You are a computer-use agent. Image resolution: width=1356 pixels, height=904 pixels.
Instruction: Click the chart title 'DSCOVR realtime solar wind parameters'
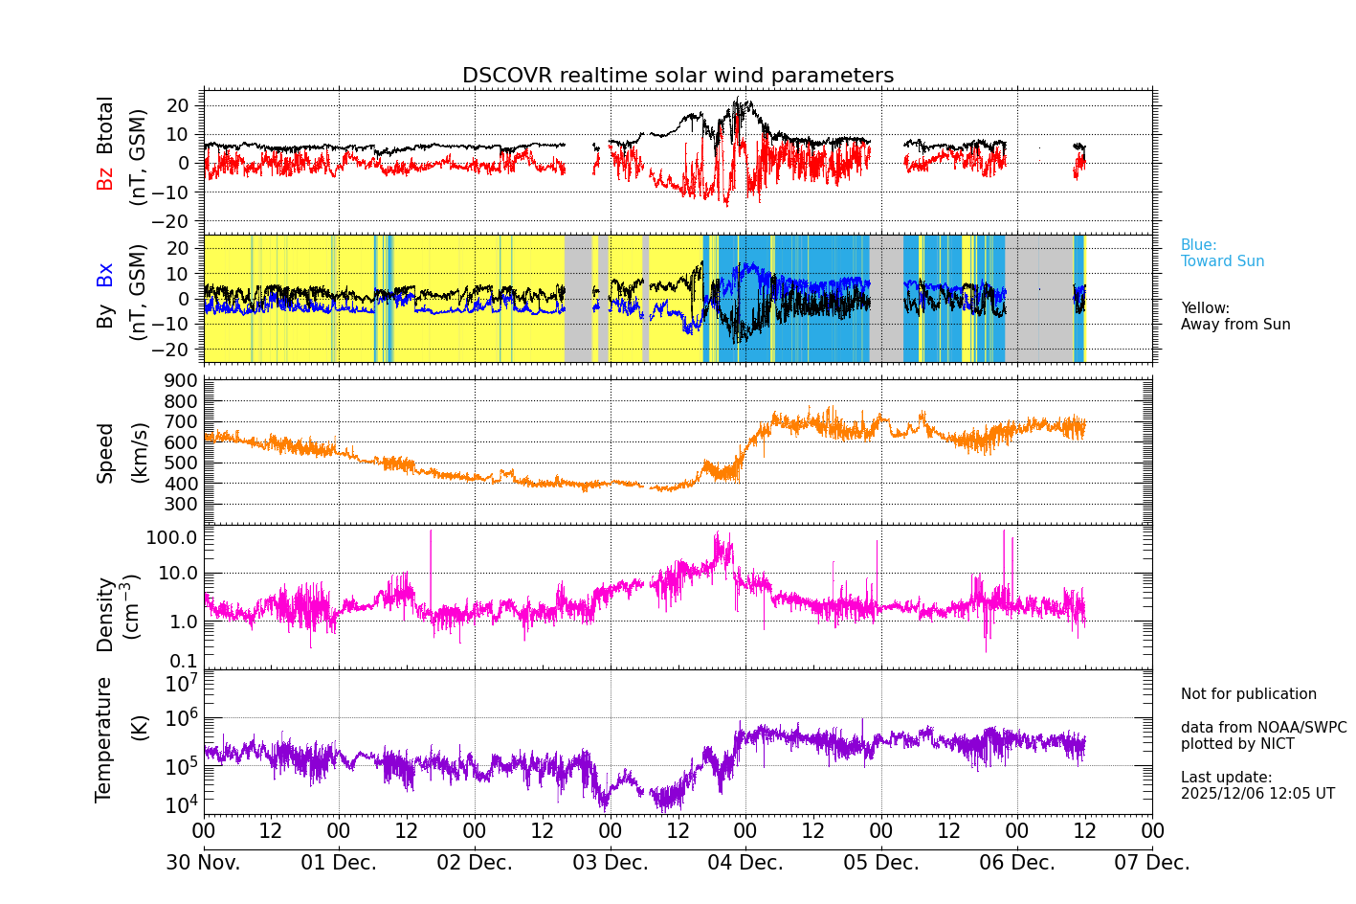678,76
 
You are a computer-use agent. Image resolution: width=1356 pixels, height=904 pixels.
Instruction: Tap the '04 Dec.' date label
745,863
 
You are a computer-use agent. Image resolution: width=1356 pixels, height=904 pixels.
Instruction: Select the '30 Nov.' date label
203,863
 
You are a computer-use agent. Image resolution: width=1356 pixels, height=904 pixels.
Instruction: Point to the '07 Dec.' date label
1152,863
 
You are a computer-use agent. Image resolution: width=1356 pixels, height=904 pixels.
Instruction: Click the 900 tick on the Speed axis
186,381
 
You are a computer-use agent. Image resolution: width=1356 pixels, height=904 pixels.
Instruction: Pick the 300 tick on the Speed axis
186,504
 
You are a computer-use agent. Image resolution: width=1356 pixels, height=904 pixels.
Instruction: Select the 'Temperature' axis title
104,739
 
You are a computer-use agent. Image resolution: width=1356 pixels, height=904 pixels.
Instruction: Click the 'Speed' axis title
105,453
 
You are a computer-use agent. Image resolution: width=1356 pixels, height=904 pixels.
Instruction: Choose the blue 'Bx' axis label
104,275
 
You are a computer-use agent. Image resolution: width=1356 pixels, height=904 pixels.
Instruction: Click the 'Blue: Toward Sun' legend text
1222,254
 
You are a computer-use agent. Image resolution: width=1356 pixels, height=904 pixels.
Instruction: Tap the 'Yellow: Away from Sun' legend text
1234,317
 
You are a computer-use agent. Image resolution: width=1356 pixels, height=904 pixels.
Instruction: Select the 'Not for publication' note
1248,694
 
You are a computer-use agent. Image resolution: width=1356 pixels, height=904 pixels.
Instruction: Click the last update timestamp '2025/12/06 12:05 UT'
1257,794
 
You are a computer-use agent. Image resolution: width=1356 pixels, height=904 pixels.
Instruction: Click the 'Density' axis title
105,614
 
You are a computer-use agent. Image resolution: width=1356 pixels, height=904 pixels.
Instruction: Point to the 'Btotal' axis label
104,125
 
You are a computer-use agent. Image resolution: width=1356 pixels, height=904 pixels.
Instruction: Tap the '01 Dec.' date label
339,863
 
